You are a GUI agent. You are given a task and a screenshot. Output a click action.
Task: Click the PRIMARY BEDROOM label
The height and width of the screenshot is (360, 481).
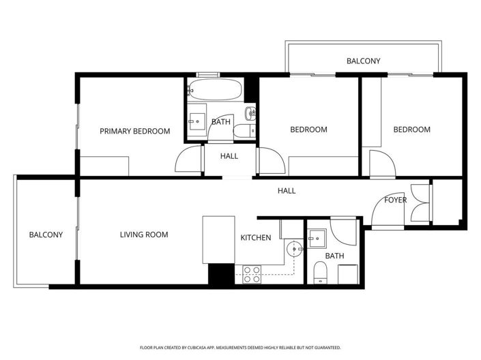(x=135, y=132)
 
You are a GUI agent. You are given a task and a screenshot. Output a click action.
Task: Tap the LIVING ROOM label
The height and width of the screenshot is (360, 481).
(x=144, y=235)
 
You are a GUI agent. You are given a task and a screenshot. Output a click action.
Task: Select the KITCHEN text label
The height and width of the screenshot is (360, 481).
(x=256, y=238)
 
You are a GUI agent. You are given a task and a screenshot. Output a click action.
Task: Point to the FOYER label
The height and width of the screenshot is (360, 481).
(x=396, y=200)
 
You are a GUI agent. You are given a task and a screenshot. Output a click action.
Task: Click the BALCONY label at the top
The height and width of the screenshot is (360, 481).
(x=363, y=61)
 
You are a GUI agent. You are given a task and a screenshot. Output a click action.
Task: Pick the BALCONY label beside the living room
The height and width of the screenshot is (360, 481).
(x=46, y=235)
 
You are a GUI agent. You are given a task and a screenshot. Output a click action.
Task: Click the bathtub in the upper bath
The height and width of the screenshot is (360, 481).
(x=215, y=89)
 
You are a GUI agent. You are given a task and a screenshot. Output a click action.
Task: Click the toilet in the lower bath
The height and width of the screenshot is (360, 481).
(x=320, y=274)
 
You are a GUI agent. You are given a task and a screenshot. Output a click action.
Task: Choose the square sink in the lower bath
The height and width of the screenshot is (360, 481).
(x=317, y=237)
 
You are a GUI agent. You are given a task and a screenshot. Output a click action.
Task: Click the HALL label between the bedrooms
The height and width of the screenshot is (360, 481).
(x=229, y=156)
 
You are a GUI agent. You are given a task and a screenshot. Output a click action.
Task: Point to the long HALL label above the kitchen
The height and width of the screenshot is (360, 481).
(x=287, y=191)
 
